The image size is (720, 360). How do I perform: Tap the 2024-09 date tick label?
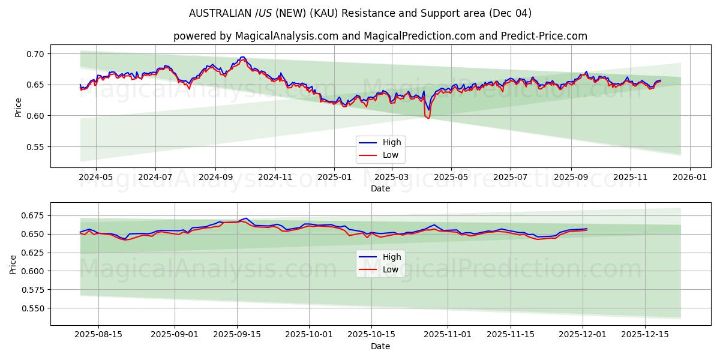tap(215, 178)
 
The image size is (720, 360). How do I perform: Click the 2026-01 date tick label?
tap(689, 178)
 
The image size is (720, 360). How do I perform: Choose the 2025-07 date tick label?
tap(511, 178)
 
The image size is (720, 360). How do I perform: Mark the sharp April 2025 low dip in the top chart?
tap(428, 118)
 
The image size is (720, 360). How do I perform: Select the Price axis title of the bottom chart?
tap(13, 264)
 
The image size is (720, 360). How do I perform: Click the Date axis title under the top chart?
tap(380, 188)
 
